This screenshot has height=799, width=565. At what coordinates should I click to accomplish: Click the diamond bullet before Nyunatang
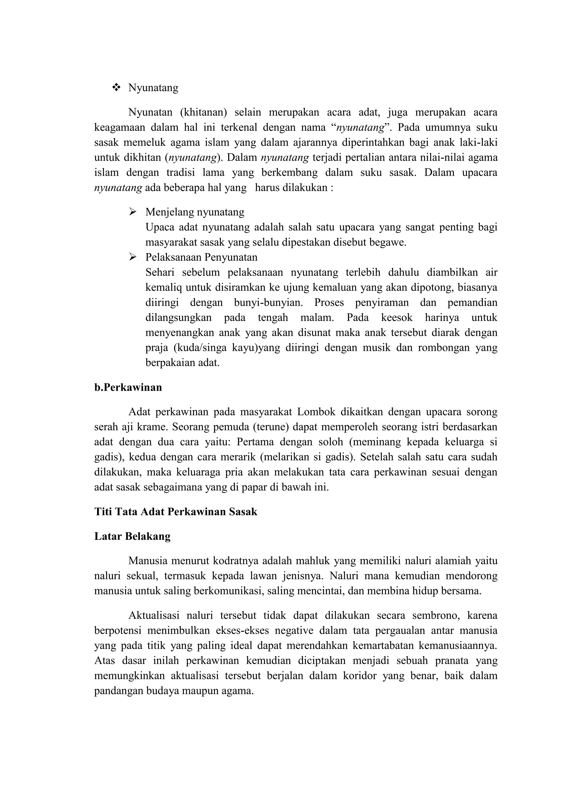click(116, 87)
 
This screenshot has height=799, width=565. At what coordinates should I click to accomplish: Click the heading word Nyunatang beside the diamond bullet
click(153, 88)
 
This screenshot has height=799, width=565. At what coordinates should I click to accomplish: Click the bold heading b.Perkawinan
click(128, 387)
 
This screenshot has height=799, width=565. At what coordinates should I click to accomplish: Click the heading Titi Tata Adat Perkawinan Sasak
click(176, 512)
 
